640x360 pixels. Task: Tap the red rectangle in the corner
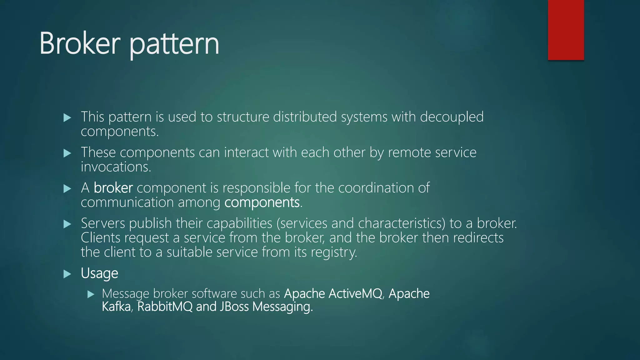(566, 30)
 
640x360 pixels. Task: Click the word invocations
(116, 167)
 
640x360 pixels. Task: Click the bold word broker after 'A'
(113, 188)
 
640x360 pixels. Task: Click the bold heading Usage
(99, 273)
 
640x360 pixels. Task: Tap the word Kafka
(116, 307)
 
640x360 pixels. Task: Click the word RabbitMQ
(165, 307)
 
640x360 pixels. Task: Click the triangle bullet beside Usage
(67, 274)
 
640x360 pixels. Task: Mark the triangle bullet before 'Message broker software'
(91, 294)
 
